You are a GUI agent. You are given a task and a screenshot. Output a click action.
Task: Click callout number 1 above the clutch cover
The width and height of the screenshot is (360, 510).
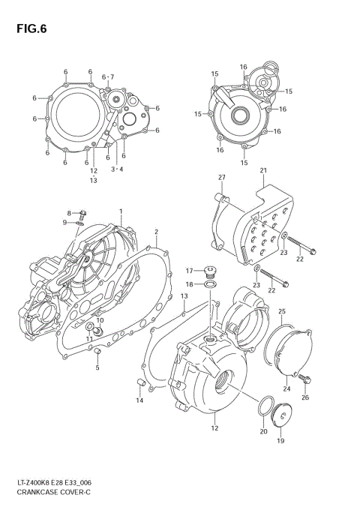click(x=120, y=212)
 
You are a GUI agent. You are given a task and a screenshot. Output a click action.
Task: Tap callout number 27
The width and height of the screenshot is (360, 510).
click(x=222, y=177)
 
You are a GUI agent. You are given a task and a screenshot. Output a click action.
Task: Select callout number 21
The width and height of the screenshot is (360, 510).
click(x=263, y=171)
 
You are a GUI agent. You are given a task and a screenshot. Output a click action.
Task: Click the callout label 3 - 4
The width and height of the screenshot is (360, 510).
click(x=117, y=169)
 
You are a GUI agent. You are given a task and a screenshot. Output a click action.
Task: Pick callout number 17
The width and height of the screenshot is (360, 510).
click(x=190, y=270)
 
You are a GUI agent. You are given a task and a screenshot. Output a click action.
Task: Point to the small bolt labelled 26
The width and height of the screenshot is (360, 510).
click(x=303, y=381)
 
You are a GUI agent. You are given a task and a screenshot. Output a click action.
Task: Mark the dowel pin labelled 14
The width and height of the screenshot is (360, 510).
click(x=139, y=384)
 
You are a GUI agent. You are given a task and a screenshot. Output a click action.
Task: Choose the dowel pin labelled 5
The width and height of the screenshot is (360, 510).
click(x=97, y=354)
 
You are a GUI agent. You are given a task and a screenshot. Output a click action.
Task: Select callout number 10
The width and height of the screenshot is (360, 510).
click(x=100, y=320)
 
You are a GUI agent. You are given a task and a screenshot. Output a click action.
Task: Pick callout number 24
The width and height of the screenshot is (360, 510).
click(x=286, y=388)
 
